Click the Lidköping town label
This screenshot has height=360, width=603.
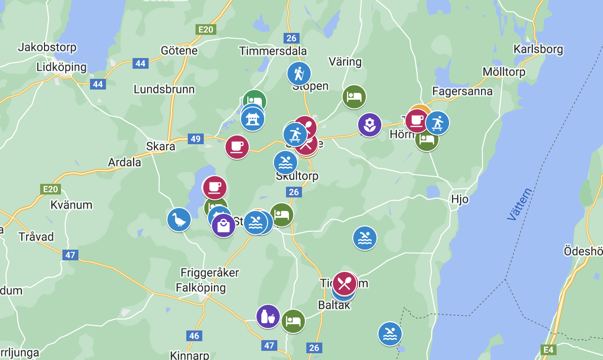click(x=61, y=67)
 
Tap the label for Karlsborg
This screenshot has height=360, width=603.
click(x=538, y=49)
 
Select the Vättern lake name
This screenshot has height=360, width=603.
click(x=520, y=204)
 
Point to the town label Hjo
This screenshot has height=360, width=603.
click(x=459, y=199)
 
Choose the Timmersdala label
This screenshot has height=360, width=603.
click(x=273, y=51)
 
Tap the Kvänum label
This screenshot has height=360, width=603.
click(x=71, y=205)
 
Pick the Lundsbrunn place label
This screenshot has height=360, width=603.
click(x=164, y=90)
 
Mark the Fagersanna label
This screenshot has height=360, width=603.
click(x=462, y=91)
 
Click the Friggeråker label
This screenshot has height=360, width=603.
click(x=210, y=273)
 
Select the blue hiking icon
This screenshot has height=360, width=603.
click(x=299, y=74)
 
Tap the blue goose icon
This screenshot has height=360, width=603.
click(x=179, y=220)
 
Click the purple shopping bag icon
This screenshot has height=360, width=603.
click(x=224, y=225)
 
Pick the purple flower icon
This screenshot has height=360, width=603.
click(x=370, y=125)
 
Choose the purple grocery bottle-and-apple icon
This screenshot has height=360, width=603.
click(x=268, y=317)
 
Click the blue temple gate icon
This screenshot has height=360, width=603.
click(x=253, y=119)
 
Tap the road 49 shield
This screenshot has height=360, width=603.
click(x=195, y=139)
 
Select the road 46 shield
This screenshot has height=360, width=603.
click(x=194, y=335)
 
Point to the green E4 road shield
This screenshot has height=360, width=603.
click(x=548, y=349)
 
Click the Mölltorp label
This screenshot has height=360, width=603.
click(x=504, y=72)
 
